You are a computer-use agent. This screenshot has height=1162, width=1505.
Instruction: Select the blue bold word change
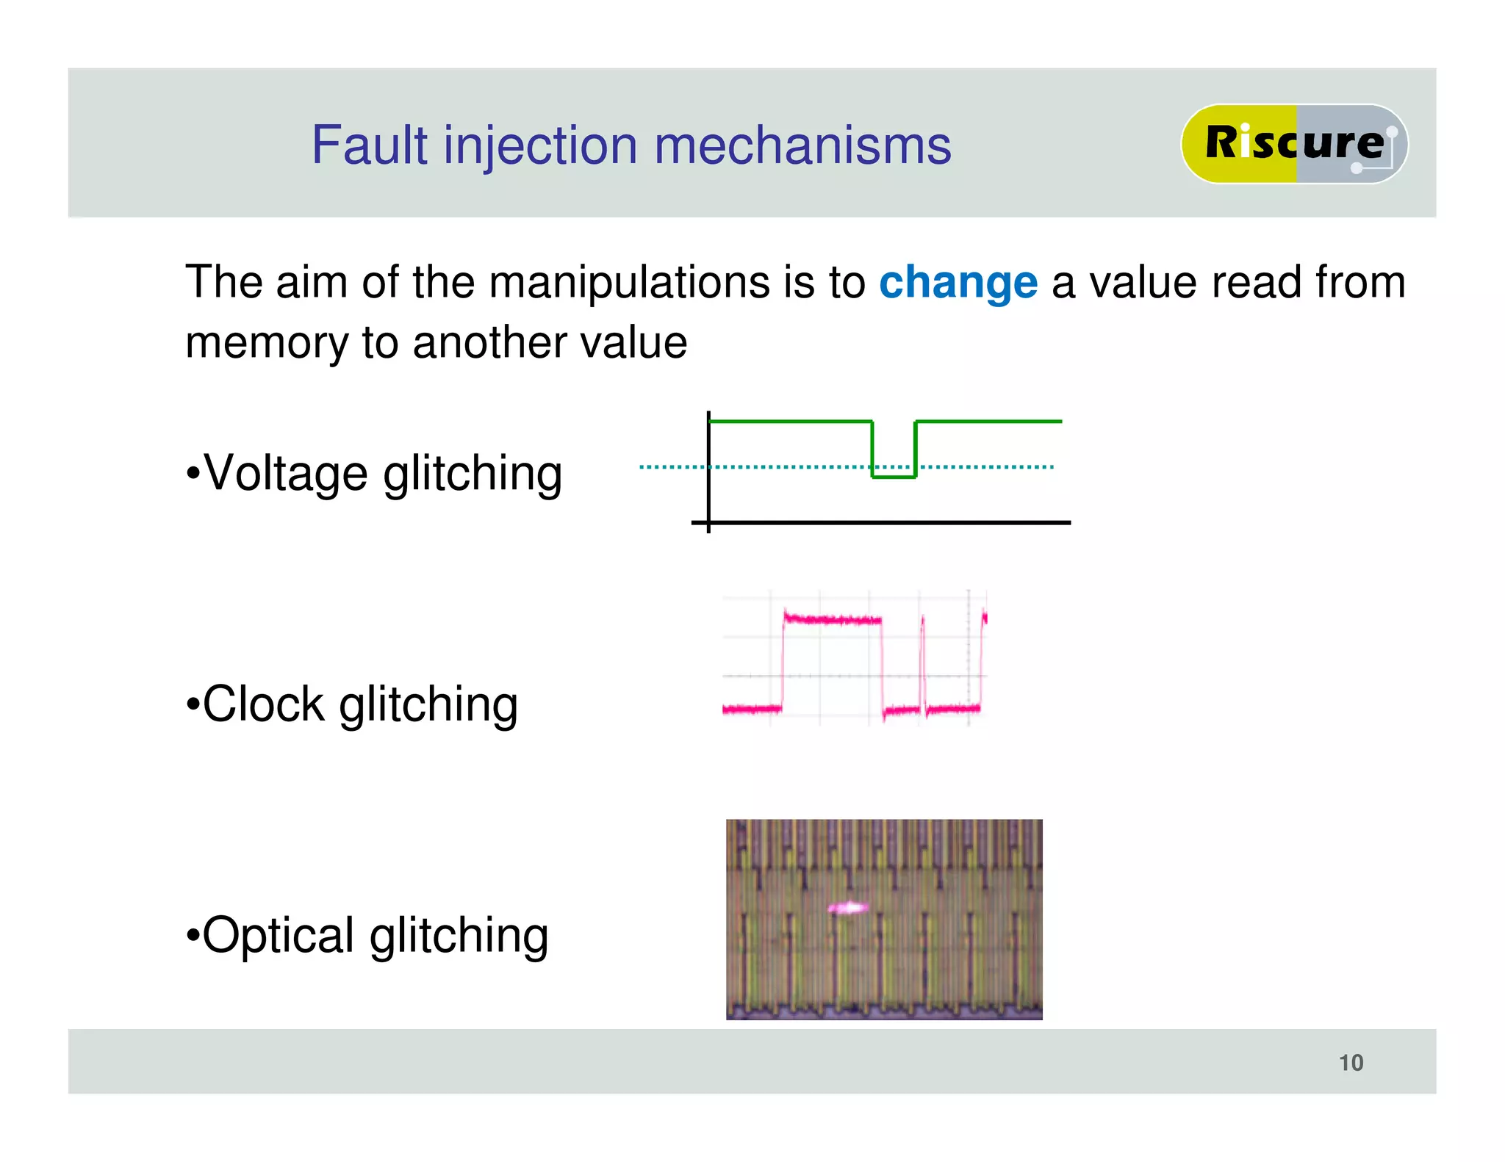pyautogui.click(x=958, y=283)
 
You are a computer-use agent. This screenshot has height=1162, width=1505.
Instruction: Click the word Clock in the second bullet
pyautogui.click(x=263, y=704)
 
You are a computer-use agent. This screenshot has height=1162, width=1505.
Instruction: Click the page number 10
pyautogui.click(x=1351, y=1063)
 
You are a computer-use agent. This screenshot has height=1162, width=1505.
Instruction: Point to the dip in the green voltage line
pyautogui.click(x=894, y=476)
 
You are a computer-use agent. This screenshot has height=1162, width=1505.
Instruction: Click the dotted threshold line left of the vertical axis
pyautogui.click(x=670, y=466)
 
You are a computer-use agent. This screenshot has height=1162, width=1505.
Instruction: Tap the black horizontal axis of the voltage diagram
pyautogui.click(x=882, y=522)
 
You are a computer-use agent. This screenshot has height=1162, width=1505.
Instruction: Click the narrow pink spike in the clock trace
pyautogui.click(x=923, y=661)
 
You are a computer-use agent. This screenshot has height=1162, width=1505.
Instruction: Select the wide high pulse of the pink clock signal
pyautogui.click(x=832, y=620)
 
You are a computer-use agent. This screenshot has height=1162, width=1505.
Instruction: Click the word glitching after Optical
pyautogui.click(x=459, y=937)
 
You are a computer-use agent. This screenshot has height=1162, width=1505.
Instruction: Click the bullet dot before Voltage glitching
pyautogui.click(x=193, y=474)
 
